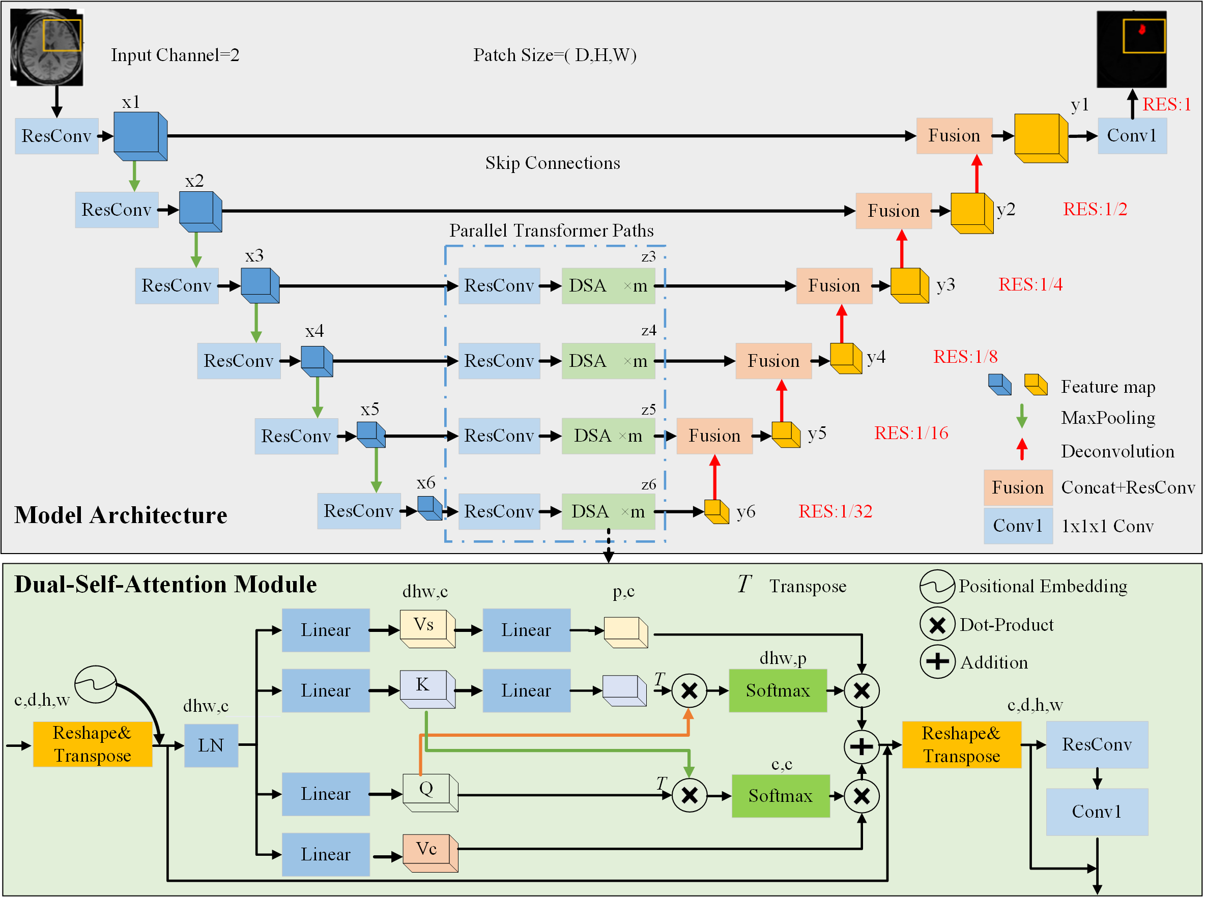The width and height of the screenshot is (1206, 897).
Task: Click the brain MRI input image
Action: click(47, 47)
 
